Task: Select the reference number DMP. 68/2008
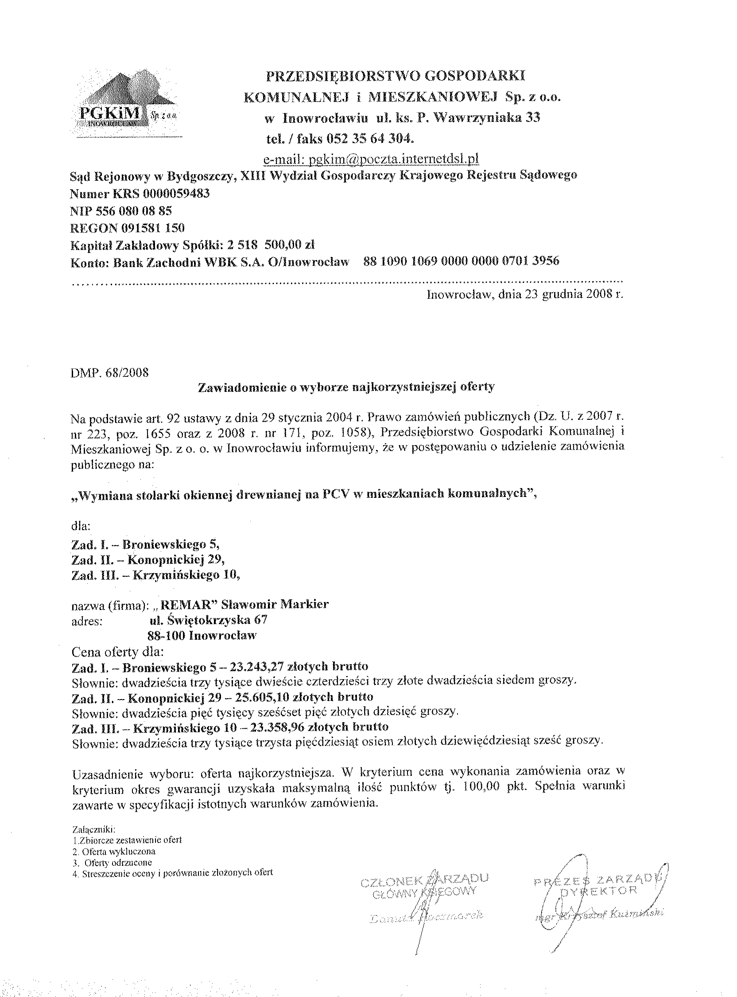(109, 372)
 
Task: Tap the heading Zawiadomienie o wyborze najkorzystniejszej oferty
(346, 387)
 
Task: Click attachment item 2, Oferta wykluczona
(113, 852)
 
